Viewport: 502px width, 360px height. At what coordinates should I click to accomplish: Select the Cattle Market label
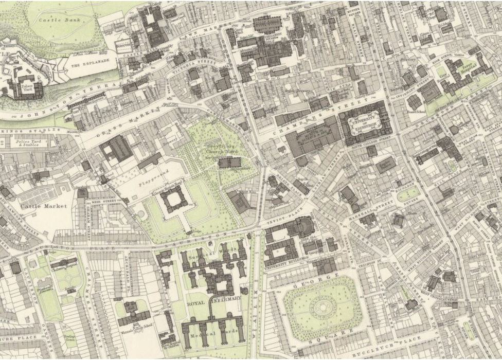37,206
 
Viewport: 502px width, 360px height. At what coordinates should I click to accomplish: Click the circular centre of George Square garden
321,307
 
